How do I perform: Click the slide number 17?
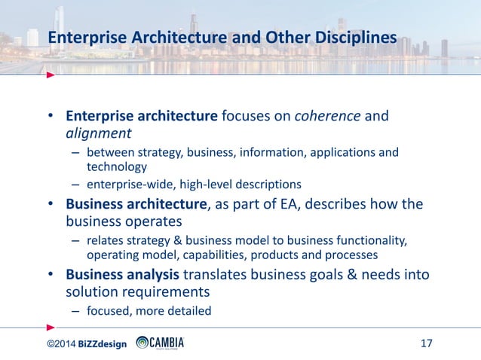(426, 344)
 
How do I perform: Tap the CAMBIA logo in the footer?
(160, 343)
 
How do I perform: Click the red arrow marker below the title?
(51, 75)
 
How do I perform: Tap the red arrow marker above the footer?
(51, 327)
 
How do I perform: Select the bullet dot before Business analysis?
(51, 275)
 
